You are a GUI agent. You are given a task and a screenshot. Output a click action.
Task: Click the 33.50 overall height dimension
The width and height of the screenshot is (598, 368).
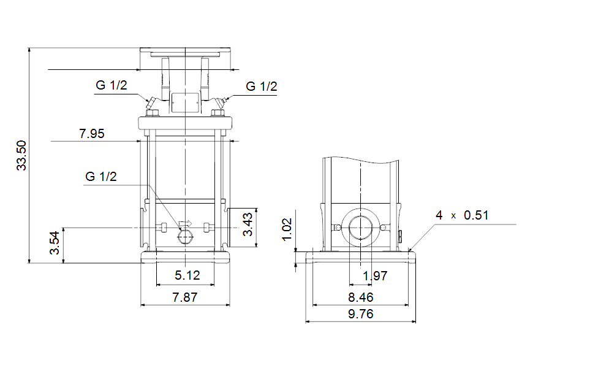[21, 155]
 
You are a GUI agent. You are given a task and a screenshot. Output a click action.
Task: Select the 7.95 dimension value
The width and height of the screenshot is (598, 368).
[91, 134]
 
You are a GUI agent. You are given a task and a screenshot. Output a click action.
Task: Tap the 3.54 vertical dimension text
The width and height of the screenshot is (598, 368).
[55, 243]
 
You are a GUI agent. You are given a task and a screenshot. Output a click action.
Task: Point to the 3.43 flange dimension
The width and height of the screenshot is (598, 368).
[248, 224]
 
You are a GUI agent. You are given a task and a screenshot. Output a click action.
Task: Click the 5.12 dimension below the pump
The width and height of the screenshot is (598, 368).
[187, 275]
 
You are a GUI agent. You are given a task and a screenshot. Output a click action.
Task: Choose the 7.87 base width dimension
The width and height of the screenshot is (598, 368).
[185, 297]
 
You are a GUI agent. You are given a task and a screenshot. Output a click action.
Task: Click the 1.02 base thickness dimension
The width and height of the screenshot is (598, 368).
[287, 230]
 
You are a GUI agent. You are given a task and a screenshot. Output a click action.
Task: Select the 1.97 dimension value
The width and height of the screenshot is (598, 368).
[375, 275]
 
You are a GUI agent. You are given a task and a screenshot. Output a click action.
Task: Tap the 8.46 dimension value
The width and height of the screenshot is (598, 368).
[361, 297]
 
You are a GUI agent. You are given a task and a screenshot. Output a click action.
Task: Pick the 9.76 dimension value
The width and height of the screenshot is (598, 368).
[361, 314]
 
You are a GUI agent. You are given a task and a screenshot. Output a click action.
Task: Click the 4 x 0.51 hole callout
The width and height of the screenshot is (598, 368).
[462, 215]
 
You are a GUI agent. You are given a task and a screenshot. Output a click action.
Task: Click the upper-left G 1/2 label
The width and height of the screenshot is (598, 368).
[112, 85]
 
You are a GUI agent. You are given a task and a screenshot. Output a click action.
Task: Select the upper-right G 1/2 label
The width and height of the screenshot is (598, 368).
[261, 86]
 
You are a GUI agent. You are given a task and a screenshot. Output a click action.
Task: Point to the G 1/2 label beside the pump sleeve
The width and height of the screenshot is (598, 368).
[101, 177]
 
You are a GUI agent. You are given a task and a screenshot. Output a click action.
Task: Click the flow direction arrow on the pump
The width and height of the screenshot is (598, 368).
[186, 224]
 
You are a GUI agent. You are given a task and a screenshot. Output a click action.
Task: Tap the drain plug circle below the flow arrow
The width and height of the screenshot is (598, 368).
[186, 237]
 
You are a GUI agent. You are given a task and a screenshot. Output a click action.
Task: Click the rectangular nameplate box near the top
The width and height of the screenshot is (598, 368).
[186, 102]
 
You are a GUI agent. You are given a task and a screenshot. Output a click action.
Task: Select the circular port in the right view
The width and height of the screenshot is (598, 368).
[360, 228]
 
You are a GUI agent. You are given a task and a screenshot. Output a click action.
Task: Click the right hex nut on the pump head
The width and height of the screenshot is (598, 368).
[218, 113]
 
